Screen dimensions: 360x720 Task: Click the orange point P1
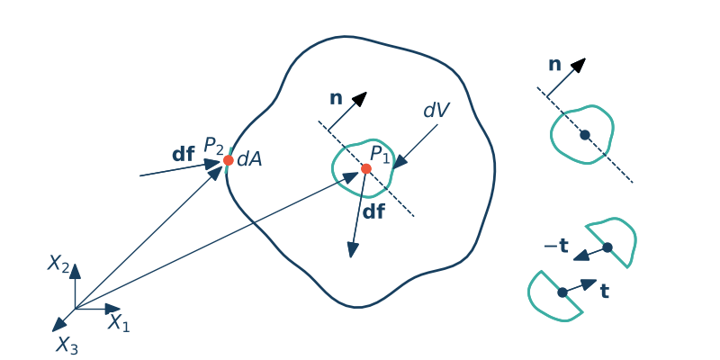[x=366, y=169]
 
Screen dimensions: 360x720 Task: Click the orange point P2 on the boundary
[x=229, y=160]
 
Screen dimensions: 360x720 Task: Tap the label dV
[x=436, y=110]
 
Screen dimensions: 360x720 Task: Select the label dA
[x=249, y=159]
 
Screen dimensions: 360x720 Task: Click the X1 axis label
[x=119, y=322]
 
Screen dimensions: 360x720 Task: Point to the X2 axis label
[x=58, y=264]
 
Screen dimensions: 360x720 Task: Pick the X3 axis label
[x=67, y=345]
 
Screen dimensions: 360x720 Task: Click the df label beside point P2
[x=184, y=154]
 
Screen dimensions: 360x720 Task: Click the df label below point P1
[x=373, y=213]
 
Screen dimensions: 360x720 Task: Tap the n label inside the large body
[x=336, y=98]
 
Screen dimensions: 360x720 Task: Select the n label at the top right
[x=554, y=65]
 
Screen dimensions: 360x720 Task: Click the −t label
[x=555, y=246]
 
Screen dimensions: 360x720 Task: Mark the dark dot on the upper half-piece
[x=607, y=247]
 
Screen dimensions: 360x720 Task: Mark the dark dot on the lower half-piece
[x=562, y=292]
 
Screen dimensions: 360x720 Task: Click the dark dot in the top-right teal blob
[x=585, y=135]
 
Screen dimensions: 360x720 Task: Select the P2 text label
[x=213, y=145]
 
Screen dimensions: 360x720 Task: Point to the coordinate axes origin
[x=75, y=309]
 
